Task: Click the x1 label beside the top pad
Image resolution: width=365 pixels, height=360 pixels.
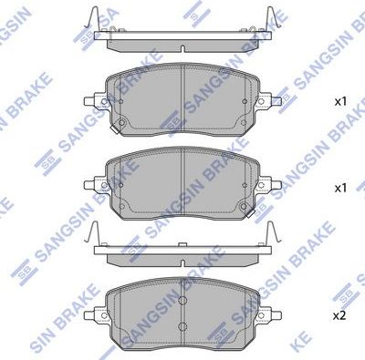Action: coord(342,102)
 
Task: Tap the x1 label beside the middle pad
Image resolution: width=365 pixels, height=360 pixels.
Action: coord(342,188)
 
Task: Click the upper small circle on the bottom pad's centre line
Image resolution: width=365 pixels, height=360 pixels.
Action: coord(182,302)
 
